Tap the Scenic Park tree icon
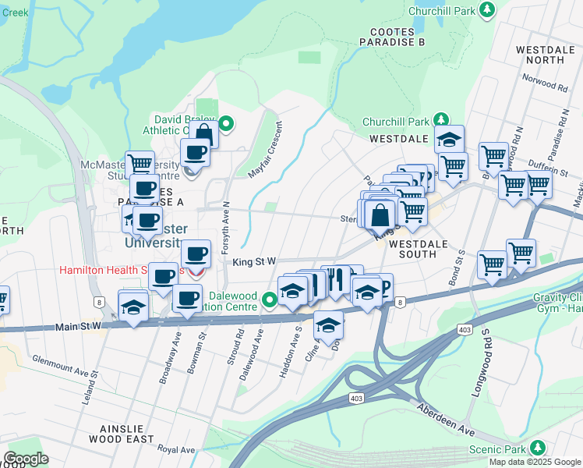click(536, 448)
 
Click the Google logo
click(26, 459)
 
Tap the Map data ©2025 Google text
click(535, 462)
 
